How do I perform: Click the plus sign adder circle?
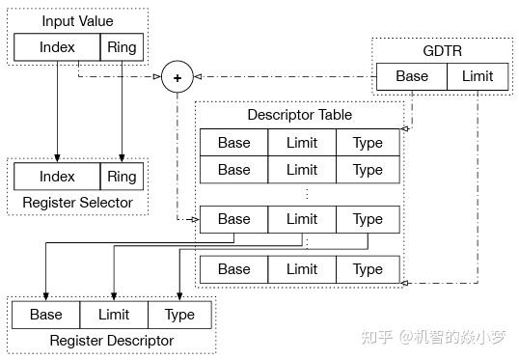point(177,76)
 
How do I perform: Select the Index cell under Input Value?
point(57,46)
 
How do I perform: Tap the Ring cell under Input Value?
point(122,46)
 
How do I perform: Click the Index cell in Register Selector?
point(57,177)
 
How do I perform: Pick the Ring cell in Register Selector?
point(122,177)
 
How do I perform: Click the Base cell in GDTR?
point(412,76)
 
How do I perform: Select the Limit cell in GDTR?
point(477,76)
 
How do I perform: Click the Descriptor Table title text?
point(299,115)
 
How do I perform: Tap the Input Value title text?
point(77,21)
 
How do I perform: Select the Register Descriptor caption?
point(111,340)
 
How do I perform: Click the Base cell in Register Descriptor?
point(45,315)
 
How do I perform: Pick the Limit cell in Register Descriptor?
point(113,315)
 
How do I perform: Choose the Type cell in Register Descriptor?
point(179,315)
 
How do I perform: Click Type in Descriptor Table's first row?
point(368,143)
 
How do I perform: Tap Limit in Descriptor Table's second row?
point(301,170)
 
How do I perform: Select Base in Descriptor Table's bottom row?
point(233,269)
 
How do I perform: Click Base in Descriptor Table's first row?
point(233,143)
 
